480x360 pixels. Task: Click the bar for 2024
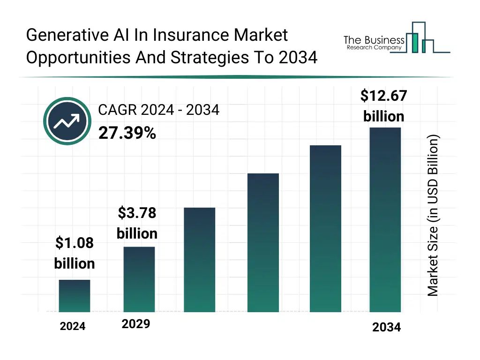point(75,296)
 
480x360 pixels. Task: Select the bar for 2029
point(139,279)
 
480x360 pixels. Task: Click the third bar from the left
point(200,260)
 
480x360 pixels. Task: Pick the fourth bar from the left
point(263,243)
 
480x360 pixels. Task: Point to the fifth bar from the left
point(326,229)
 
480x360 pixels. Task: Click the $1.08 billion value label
point(75,253)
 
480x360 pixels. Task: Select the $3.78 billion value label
point(137,223)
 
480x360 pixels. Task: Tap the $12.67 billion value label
point(383,105)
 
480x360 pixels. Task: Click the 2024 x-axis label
point(73,326)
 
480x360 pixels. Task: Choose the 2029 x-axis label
point(136,324)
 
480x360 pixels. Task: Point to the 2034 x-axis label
point(387,327)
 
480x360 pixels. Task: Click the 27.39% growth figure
point(127,133)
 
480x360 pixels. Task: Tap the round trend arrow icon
point(67,122)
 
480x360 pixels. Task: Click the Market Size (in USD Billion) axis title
point(433,216)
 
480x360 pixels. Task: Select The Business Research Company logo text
point(374,43)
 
